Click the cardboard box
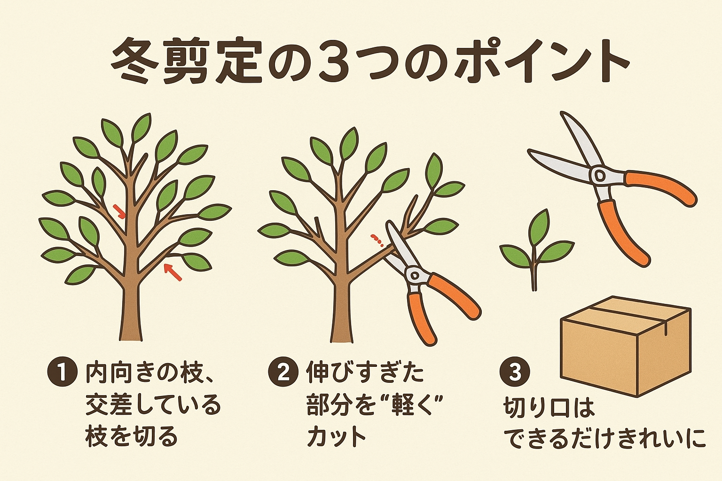click(626, 346)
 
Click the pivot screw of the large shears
click(599, 176)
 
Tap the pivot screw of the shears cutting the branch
click(415, 275)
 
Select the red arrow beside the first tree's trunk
click(118, 211)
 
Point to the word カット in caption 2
click(337, 437)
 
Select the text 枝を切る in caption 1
click(131, 437)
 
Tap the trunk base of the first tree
click(131, 335)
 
